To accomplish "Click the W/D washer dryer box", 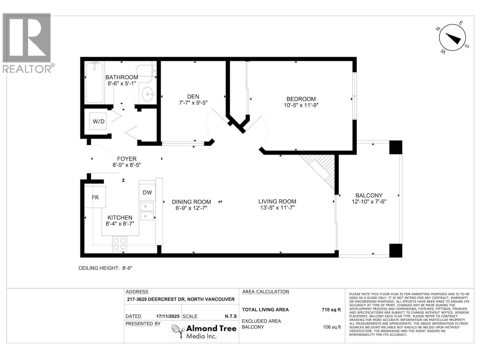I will [x=98, y=121].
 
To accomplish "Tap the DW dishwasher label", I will [x=147, y=193].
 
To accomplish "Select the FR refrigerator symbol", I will [x=95, y=197].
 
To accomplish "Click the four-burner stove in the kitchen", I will [x=119, y=244].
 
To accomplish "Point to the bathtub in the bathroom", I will [x=95, y=82].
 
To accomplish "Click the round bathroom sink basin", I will [x=148, y=94].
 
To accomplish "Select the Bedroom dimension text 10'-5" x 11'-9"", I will [x=301, y=105].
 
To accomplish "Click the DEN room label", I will [x=193, y=96].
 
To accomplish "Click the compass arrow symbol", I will [x=453, y=38].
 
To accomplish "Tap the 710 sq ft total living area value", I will [x=331, y=310].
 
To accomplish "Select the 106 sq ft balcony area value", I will [x=332, y=327].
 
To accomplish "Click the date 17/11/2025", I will [x=168, y=316].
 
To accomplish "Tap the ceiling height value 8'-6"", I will [x=127, y=268].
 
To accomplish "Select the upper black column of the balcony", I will [x=395, y=147].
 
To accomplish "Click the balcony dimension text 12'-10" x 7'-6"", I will [x=369, y=202].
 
